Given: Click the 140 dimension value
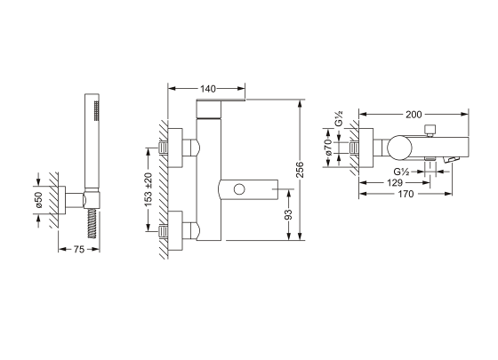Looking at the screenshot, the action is (208, 89).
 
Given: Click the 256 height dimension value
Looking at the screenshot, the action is (300, 170).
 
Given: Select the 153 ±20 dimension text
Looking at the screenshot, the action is (149, 189).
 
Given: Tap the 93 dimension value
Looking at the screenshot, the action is (288, 214).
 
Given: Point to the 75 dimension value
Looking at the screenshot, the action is (79, 250).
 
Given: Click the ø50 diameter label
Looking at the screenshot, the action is (38, 199).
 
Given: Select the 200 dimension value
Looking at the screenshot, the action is (414, 115).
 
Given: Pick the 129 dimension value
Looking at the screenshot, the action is (395, 183).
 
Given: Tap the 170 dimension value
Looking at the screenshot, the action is (406, 194).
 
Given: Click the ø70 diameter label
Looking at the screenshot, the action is (328, 147).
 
